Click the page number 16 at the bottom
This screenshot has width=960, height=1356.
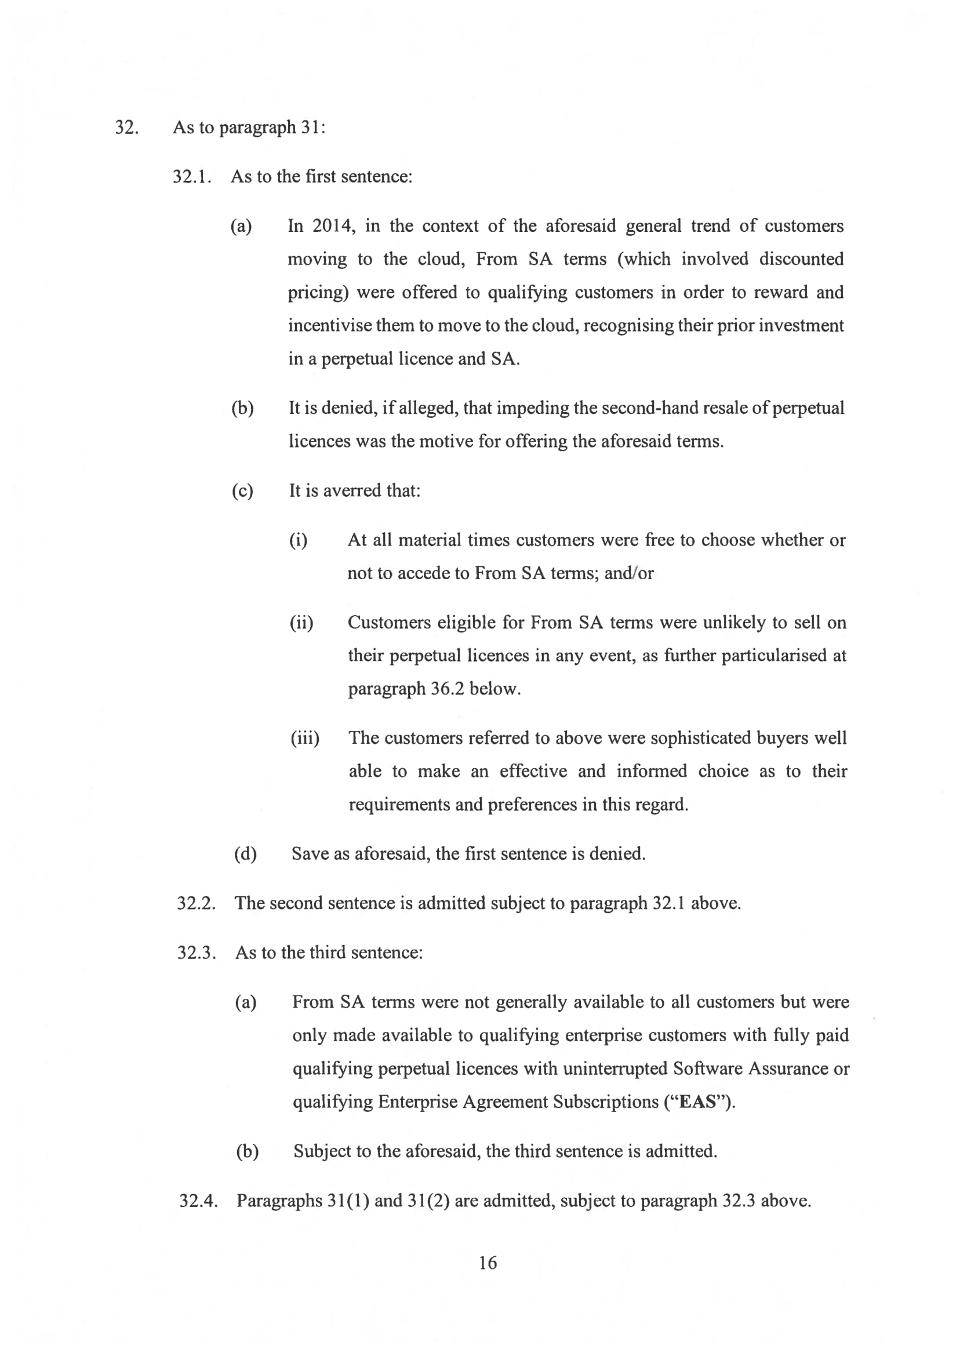coord(488,1263)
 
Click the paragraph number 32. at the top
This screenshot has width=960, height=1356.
coord(126,128)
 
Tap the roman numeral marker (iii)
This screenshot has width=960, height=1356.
coord(305,739)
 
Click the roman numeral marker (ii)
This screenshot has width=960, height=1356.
coord(301,623)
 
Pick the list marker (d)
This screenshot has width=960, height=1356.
coord(245,854)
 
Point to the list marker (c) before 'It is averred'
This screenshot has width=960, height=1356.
coord(242,491)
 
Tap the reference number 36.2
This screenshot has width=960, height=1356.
coord(445,689)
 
